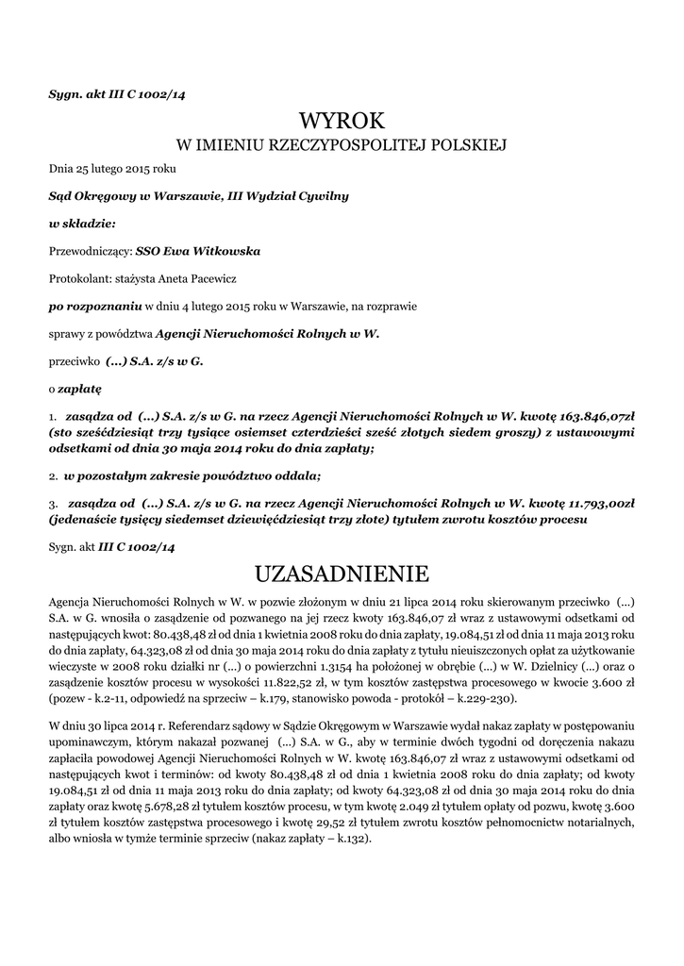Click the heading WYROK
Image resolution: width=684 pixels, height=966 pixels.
(342, 121)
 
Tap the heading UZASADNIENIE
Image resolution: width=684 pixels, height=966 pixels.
(342, 574)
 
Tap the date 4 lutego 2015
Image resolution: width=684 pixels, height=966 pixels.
(229, 306)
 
